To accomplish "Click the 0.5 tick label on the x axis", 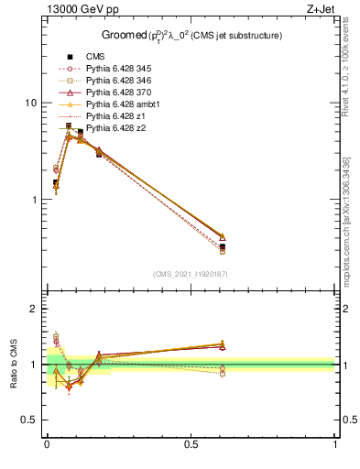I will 191,444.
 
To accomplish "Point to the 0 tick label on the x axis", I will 47,444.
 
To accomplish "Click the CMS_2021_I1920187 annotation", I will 191,274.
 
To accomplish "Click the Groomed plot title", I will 191,36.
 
